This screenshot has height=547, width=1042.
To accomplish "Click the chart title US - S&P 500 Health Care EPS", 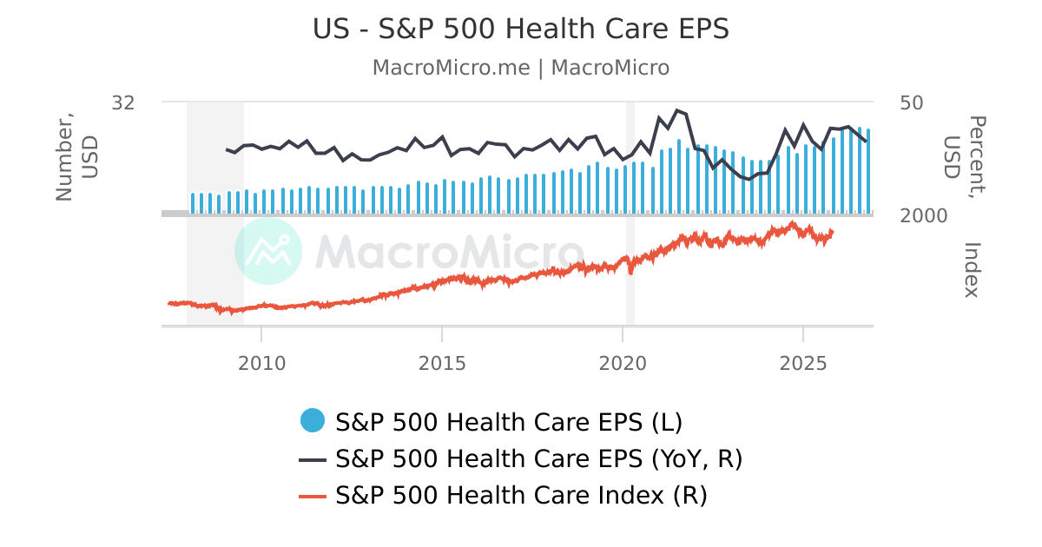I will pyautogui.click(x=521, y=29).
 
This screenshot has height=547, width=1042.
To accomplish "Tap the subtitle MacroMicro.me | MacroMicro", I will pyautogui.click(x=521, y=68).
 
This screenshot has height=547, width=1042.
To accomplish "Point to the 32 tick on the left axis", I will pyautogui.click(x=123, y=102).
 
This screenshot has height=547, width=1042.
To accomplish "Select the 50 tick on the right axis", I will pyautogui.click(x=912, y=102).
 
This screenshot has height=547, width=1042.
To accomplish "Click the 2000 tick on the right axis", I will pyautogui.click(x=924, y=215).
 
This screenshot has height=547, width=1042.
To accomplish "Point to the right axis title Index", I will pyautogui.click(x=971, y=269).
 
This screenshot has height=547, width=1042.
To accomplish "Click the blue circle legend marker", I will pyautogui.click(x=313, y=421).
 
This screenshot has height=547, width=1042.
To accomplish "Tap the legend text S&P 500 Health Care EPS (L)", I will pyautogui.click(x=509, y=422).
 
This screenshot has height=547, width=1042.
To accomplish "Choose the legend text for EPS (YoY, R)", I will pyautogui.click(x=538, y=458).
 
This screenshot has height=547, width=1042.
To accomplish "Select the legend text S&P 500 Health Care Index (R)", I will pyautogui.click(x=521, y=496).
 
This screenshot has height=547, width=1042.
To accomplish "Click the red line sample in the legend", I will pyautogui.click(x=313, y=496).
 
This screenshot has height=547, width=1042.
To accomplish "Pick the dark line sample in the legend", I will pyautogui.click(x=313, y=458).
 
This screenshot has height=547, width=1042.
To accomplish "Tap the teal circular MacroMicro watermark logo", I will pyautogui.click(x=268, y=251).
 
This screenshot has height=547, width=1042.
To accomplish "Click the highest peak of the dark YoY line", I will pyautogui.click(x=677, y=110).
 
